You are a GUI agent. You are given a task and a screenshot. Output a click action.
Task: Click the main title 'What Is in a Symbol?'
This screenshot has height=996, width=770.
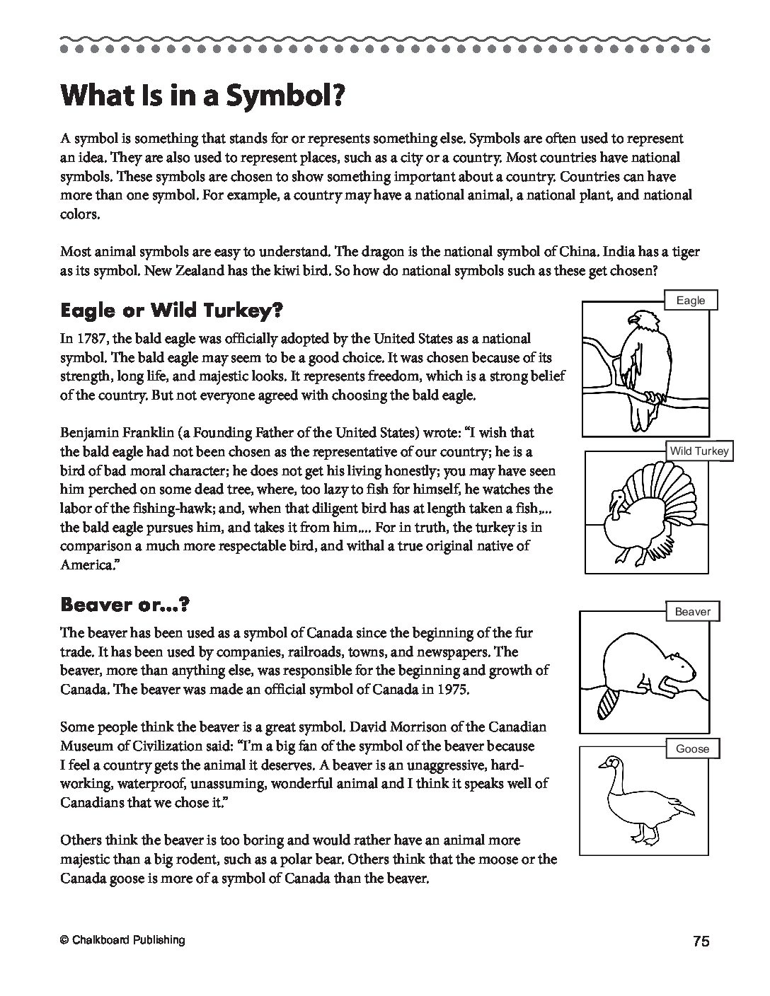coord(202,94)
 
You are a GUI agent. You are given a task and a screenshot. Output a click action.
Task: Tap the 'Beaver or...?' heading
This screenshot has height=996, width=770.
coord(125,604)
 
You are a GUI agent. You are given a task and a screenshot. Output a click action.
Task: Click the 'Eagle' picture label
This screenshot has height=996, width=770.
coord(690,300)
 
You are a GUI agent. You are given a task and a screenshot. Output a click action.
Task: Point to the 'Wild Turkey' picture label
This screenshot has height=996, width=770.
coord(699,451)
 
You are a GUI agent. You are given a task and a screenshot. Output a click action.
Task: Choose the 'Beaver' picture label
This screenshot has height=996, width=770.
coord(692,611)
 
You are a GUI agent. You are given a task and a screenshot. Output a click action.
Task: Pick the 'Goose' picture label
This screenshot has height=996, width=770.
coord(692,748)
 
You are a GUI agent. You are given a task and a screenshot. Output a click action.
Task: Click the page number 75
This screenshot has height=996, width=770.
coord(701,941)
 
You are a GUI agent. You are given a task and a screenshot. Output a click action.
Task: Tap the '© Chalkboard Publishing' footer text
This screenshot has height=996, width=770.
coord(122,940)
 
